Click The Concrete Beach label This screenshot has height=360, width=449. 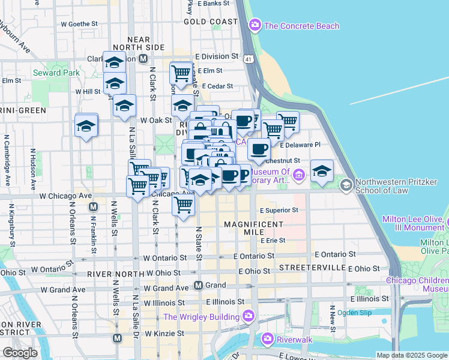click(x=301, y=26)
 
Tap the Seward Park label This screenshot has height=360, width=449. click(x=56, y=73)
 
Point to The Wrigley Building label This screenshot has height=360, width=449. click(x=202, y=317)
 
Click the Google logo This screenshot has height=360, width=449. click(x=20, y=352)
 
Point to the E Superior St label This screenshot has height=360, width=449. click(x=279, y=211)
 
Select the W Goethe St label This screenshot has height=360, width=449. click(x=79, y=24)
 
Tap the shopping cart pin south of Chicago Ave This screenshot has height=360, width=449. click(x=183, y=205)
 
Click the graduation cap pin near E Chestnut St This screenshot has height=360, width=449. click(x=322, y=170)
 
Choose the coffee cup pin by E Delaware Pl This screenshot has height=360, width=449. click(x=259, y=149)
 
